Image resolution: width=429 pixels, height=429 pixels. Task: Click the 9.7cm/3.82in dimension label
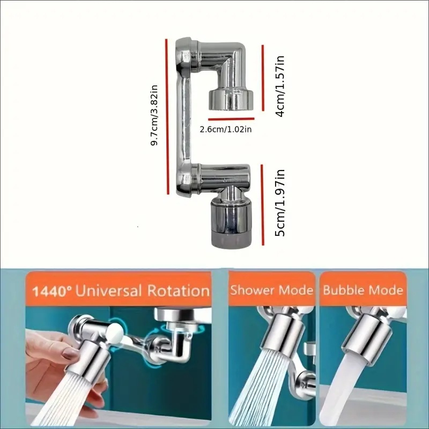154,115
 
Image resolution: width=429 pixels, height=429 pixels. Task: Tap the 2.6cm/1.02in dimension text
225,129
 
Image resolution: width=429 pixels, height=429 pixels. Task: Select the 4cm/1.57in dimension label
280,86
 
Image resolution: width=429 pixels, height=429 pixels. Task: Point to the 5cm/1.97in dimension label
280,203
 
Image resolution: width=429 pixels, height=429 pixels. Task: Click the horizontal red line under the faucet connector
231,119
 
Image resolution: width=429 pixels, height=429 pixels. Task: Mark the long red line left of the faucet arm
167,117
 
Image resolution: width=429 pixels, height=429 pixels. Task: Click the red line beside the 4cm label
263,78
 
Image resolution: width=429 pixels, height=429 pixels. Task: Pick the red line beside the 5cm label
263,205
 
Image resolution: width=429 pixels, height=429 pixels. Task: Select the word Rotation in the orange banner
179,291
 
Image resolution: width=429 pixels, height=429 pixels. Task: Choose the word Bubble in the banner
341,290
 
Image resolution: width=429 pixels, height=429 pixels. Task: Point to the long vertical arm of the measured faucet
183,117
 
